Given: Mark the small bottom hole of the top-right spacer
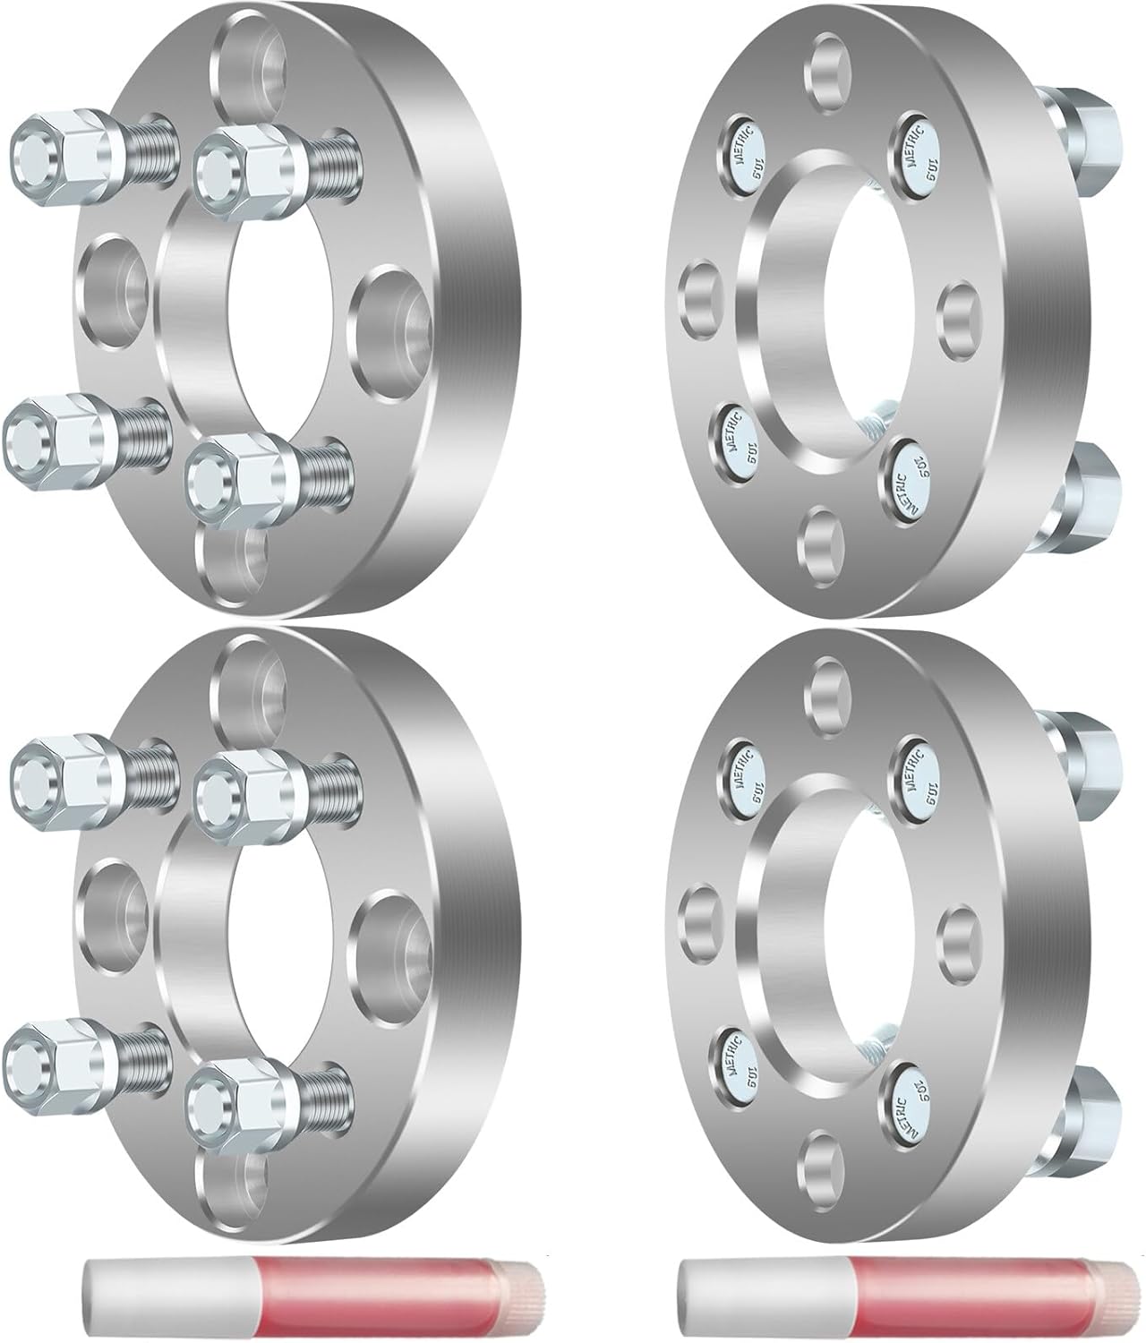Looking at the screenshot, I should tap(824, 537).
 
